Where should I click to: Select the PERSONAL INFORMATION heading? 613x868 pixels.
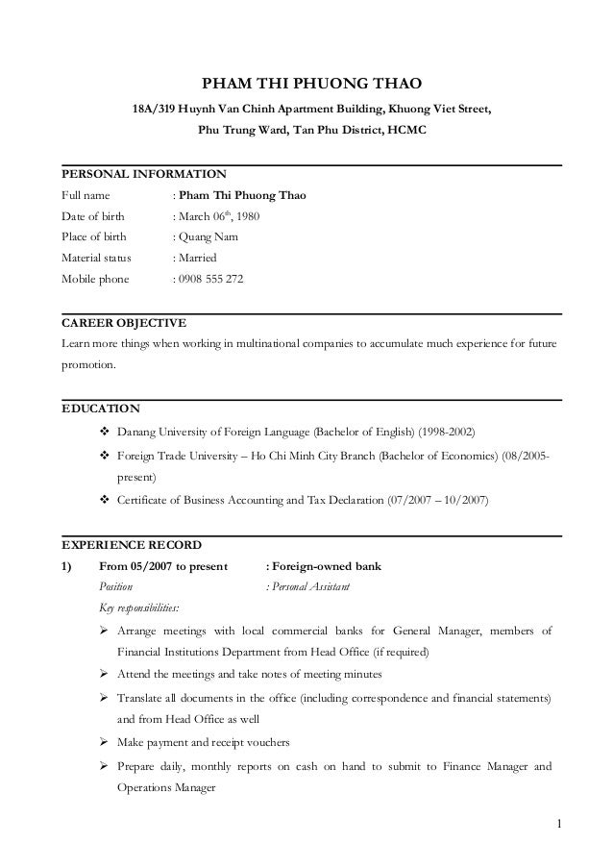(x=143, y=175)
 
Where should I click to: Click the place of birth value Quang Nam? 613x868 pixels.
(x=207, y=237)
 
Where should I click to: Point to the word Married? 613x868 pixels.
(x=197, y=258)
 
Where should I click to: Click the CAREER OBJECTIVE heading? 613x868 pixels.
(x=124, y=322)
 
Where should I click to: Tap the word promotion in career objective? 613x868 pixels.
(x=87, y=365)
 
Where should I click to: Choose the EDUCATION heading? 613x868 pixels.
(x=100, y=408)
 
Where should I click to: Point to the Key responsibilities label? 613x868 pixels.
(x=145, y=608)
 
